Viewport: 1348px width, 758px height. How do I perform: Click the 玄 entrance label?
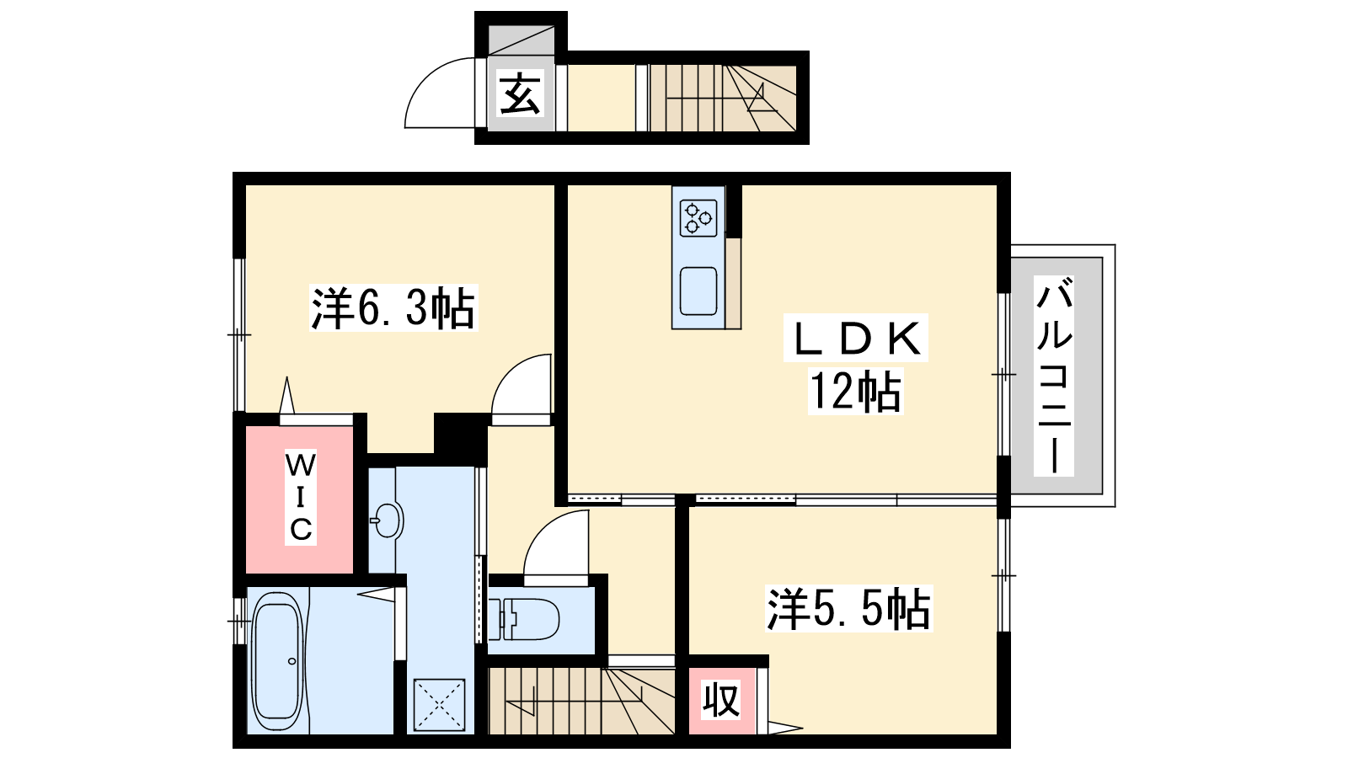tap(520, 93)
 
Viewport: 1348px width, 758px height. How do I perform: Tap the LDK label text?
tap(855, 338)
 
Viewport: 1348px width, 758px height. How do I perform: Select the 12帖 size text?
tap(855, 391)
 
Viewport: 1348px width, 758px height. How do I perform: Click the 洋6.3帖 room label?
tap(393, 307)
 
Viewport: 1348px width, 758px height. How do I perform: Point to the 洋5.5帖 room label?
tap(848, 608)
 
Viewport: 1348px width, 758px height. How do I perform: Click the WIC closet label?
tap(300, 497)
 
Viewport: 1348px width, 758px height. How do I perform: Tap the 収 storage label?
tap(721, 700)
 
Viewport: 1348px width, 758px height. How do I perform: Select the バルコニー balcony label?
tap(1054, 376)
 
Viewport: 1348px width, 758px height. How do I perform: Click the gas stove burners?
tap(698, 218)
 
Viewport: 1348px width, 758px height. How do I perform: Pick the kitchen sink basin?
tap(698, 291)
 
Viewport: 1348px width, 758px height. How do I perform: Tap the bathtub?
tap(277, 661)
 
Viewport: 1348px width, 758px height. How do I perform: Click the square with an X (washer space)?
tap(439, 705)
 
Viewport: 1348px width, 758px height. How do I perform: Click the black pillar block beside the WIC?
tap(460, 439)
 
